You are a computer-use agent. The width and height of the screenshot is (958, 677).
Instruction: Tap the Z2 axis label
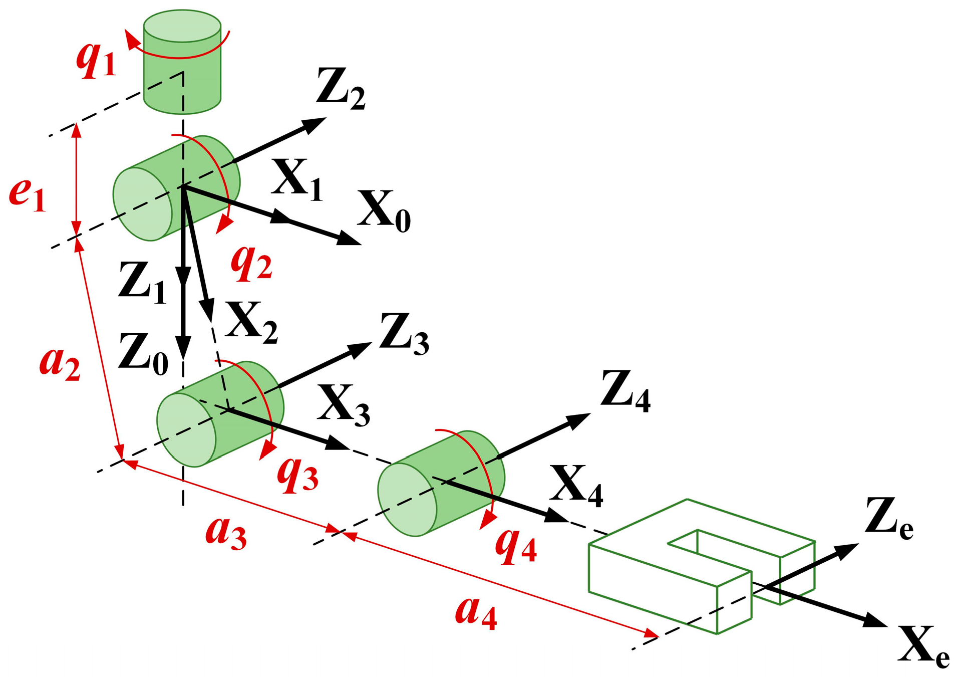pyautogui.click(x=341, y=90)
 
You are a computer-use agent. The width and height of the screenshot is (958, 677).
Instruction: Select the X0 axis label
pyautogui.click(x=384, y=211)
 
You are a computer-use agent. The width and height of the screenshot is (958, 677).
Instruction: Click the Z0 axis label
pyautogui.click(x=143, y=354)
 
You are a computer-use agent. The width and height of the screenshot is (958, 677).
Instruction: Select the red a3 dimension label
pyautogui.click(x=226, y=533)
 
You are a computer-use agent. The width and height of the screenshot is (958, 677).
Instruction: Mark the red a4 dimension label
pyautogui.click(x=476, y=612)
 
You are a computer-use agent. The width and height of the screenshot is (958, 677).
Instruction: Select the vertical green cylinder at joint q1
pyautogui.click(x=182, y=63)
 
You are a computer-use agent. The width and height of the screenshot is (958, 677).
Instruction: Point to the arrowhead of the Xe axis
pyautogui.click(x=875, y=621)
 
